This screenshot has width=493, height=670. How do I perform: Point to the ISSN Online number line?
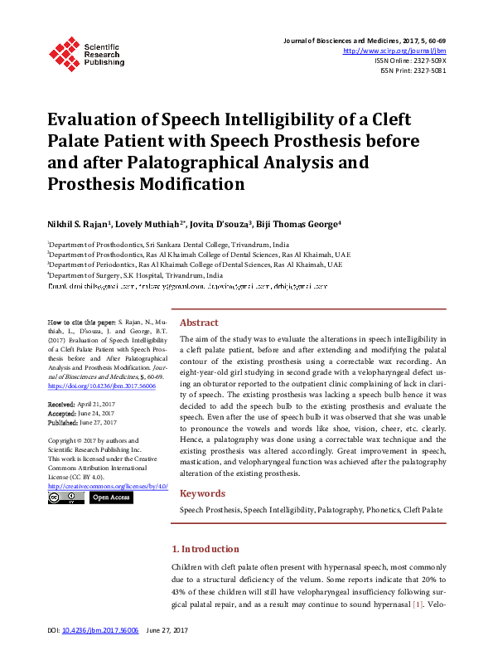pyautogui.click(x=410, y=61)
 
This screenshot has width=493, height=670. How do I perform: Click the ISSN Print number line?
pyautogui.click(x=413, y=70)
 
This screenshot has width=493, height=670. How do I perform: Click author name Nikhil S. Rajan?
pyautogui.click(x=75, y=224)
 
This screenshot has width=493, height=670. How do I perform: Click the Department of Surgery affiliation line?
pyautogui.click(x=135, y=274)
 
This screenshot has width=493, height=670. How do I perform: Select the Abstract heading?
pyautogui.click(x=199, y=323)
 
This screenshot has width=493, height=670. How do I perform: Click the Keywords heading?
pyautogui.click(x=202, y=493)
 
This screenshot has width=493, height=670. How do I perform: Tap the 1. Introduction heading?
pyautogui.click(x=205, y=549)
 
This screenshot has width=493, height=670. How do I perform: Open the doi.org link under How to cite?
pyautogui.click(x=102, y=386)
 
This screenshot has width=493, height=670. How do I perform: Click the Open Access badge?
pyautogui.click(x=111, y=498)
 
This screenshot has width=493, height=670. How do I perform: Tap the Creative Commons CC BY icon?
pyautogui.click(x=65, y=498)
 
